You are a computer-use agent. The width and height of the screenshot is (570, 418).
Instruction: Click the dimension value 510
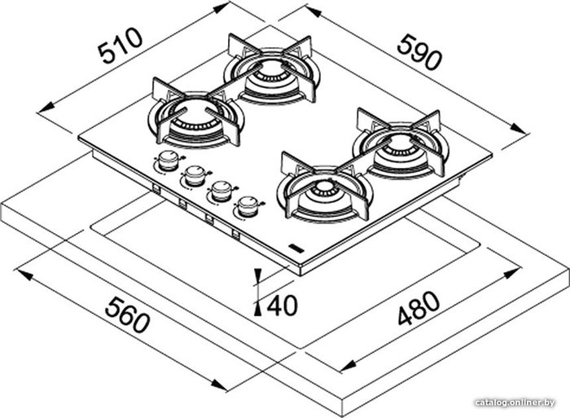point(121,45)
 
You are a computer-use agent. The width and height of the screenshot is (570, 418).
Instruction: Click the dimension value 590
point(419,51)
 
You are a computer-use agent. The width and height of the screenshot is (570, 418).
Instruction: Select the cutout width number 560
point(127,315)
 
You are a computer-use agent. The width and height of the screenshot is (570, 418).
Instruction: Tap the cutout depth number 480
point(419,308)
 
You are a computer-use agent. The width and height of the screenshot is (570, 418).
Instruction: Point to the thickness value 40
point(282,306)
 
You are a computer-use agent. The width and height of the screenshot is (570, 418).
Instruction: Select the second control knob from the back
point(195,175)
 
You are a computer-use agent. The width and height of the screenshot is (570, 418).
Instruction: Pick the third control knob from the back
point(221,191)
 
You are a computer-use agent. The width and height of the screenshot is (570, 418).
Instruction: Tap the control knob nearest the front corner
point(248,206)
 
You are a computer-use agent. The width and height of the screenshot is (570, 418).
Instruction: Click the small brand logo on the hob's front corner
point(296,248)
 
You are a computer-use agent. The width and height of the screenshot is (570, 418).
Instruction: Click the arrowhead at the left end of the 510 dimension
point(46,108)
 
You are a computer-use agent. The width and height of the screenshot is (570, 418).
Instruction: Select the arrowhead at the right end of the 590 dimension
point(518,129)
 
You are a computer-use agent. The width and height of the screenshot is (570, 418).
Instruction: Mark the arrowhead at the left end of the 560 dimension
point(22,274)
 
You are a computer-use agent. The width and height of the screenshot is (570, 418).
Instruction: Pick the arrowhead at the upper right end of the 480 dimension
point(511,274)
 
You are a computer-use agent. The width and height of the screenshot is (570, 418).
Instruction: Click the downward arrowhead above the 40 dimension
point(258,276)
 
